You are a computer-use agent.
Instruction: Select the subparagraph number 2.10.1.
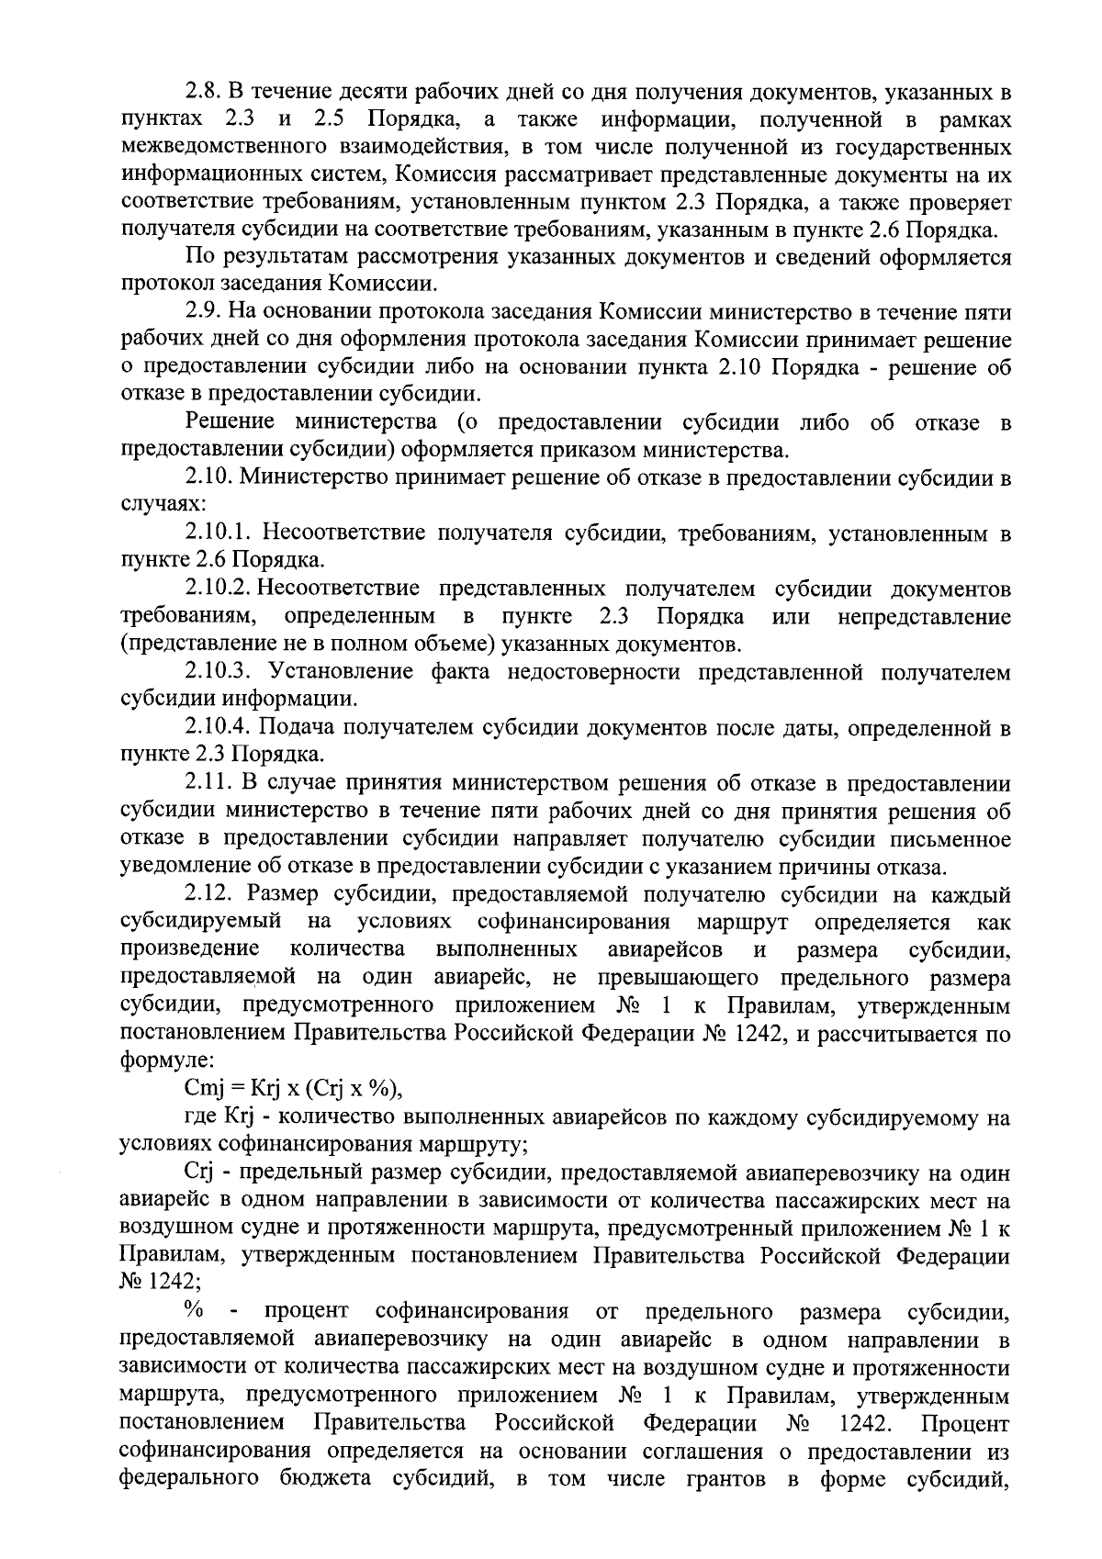218,533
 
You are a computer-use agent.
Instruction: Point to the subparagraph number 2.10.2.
216,588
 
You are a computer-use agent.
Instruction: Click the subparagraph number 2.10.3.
218,672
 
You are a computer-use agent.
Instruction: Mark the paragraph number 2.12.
208,894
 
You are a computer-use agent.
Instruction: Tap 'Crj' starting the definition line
198,1173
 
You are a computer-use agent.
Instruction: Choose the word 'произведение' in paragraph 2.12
189,948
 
